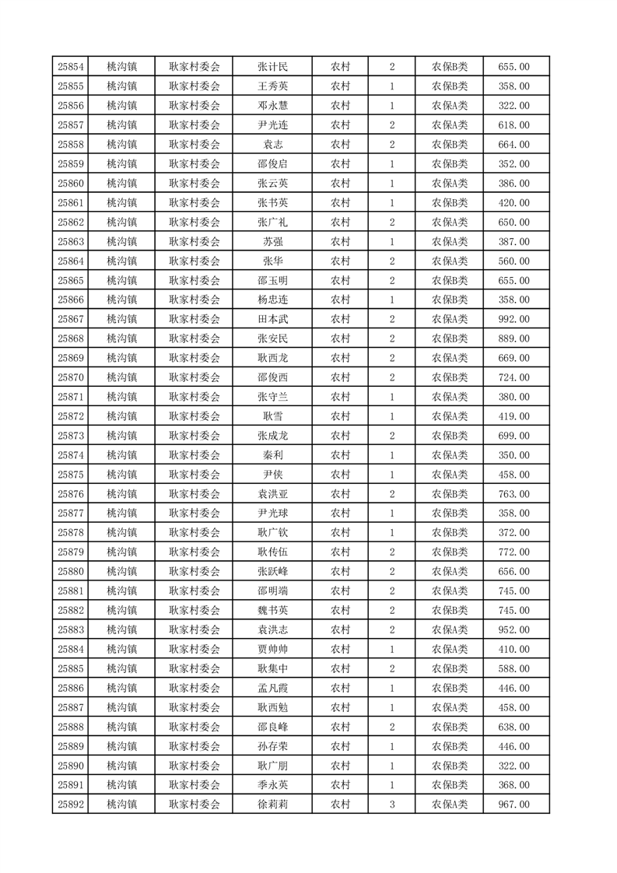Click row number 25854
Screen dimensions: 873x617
pos(71,67)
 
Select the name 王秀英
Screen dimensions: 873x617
pos(272,86)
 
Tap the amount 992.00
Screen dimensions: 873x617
pos(514,319)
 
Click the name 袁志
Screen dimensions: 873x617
pos(272,145)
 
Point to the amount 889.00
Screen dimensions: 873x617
pos(514,338)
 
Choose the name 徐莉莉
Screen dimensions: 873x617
pos(272,805)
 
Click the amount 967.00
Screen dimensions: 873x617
pos(514,805)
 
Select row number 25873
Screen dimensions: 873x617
pos(71,436)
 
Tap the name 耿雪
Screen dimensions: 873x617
pos(272,416)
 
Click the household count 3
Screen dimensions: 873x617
pos(391,805)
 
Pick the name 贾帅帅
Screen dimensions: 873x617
pos(272,649)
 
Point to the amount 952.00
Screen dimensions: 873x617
pos(514,629)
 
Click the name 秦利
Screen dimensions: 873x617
pos(272,455)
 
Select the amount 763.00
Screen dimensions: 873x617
pos(514,494)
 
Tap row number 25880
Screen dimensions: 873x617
pos(71,571)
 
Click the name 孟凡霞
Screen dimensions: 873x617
pos(272,688)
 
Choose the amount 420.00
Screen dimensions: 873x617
pos(514,203)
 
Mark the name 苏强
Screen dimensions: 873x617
pos(272,242)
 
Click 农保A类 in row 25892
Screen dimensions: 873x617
pos(450,805)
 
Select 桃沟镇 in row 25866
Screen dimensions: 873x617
pos(122,300)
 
